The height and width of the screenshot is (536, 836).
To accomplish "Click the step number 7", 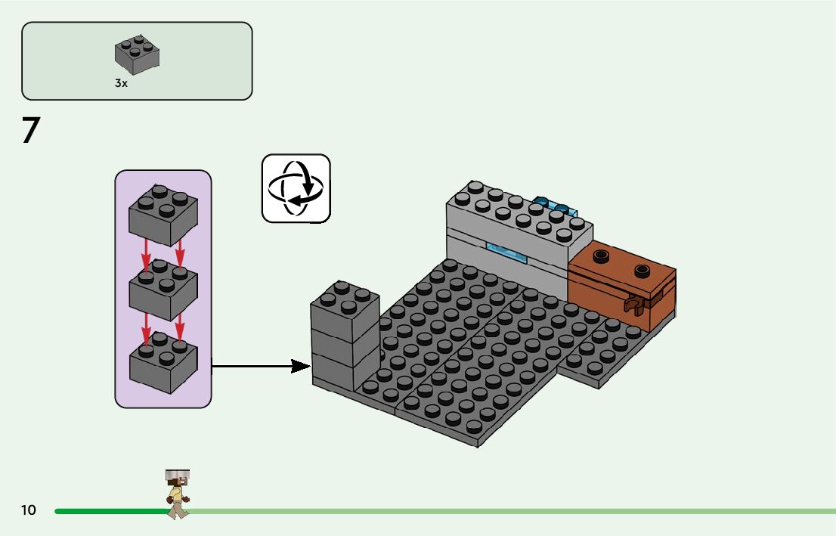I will pyautogui.click(x=30, y=130).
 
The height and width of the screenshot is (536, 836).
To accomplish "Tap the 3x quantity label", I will pyautogui.click(x=121, y=84).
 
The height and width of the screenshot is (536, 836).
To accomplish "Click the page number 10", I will pyautogui.click(x=29, y=510).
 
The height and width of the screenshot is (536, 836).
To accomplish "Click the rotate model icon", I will pyautogui.click(x=296, y=188).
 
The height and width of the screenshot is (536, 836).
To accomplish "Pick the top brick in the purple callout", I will pyautogui.click(x=163, y=214).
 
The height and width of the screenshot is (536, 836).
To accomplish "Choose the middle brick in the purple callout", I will pyautogui.click(x=163, y=288).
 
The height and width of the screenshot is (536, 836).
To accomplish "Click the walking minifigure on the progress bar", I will pyautogui.click(x=178, y=495).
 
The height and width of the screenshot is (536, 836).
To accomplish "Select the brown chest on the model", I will pyautogui.click(x=621, y=291).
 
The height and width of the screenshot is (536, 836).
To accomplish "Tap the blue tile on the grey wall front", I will pyautogui.click(x=506, y=253).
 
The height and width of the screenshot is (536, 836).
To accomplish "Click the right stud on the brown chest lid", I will pyautogui.click(x=642, y=269).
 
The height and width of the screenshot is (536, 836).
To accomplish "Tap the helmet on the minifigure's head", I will pyautogui.click(x=178, y=476).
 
